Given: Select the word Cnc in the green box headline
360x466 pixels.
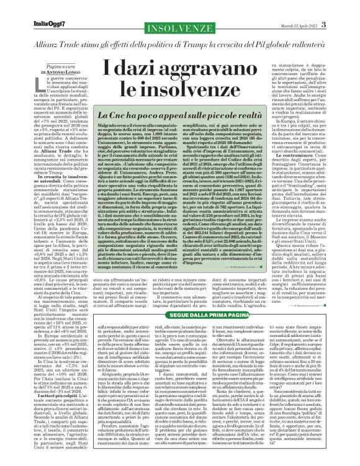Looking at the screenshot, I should click(x=133, y=115).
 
